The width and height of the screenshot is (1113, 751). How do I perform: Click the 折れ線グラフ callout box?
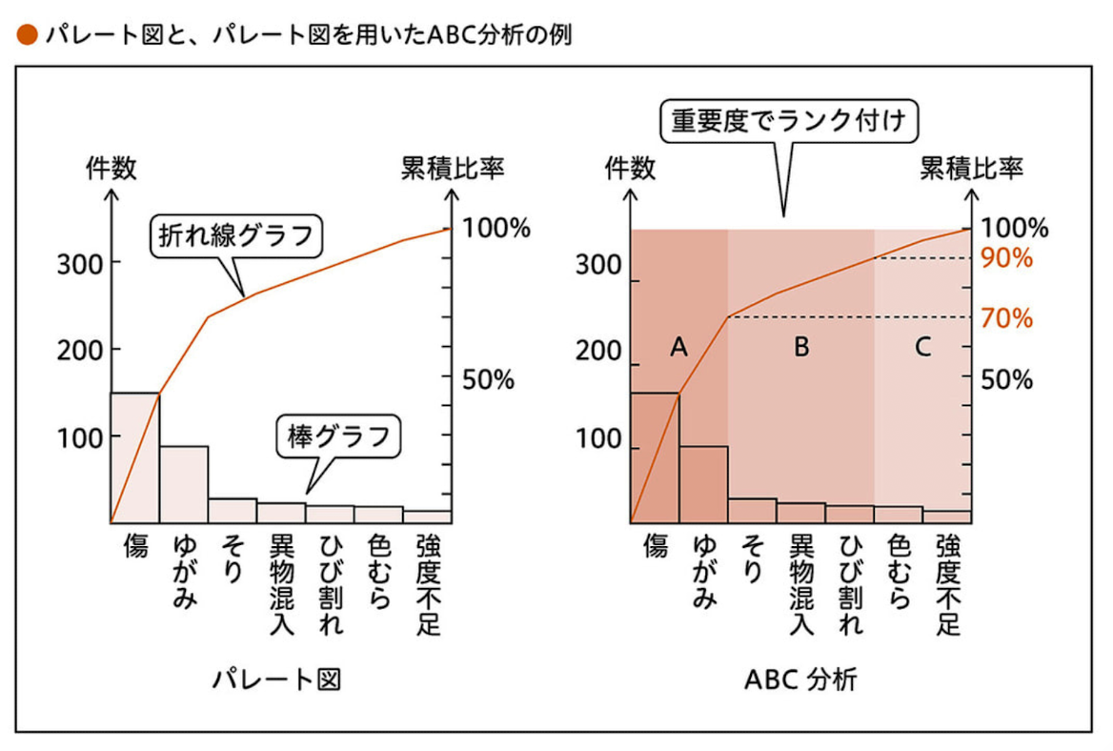point(235,235)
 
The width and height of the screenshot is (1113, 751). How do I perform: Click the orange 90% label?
point(1007,258)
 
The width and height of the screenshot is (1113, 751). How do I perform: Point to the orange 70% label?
point(1007,318)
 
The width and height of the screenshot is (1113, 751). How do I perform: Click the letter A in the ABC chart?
point(678,348)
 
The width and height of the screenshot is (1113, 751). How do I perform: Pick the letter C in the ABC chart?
point(921,348)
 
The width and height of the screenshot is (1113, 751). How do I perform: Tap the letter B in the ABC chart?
point(801,348)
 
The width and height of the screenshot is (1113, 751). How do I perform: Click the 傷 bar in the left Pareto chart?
point(135,457)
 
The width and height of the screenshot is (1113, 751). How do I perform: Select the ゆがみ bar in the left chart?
point(184,484)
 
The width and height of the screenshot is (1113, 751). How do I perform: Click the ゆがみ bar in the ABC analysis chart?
point(703,484)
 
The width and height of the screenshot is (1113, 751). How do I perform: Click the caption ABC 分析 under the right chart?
point(800,680)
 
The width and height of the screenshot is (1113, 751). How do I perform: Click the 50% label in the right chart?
point(1007,379)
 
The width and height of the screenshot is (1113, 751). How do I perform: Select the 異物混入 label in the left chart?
point(282,584)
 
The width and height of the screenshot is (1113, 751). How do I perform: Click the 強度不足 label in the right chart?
point(947,584)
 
